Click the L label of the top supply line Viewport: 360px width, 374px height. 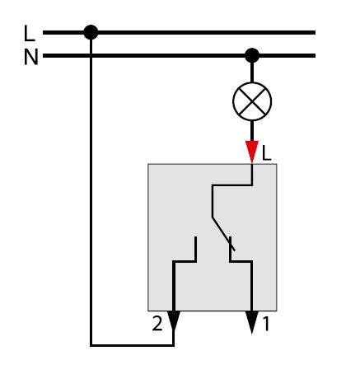[30, 33]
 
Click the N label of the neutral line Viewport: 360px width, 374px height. [30, 57]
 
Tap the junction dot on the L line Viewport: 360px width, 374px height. [91, 32]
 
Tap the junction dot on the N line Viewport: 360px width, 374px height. [252, 55]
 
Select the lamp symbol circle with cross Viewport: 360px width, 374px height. [252, 101]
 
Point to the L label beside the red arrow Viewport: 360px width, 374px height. [267, 153]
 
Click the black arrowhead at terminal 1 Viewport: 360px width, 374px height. [252, 322]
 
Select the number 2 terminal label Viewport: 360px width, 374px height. [157, 323]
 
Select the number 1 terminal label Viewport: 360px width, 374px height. [266, 324]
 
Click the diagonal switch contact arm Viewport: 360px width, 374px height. [223, 234]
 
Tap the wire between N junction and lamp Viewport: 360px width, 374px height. [252, 72]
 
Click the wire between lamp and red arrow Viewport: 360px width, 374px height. [252, 131]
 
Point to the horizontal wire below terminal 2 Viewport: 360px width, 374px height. [132, 345]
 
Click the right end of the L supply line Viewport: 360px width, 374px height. [315, 32]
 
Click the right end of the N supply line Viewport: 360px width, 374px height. [315, 55]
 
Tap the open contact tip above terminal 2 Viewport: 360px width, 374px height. [195, 237]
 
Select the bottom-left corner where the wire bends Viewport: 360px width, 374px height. [91, 345]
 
